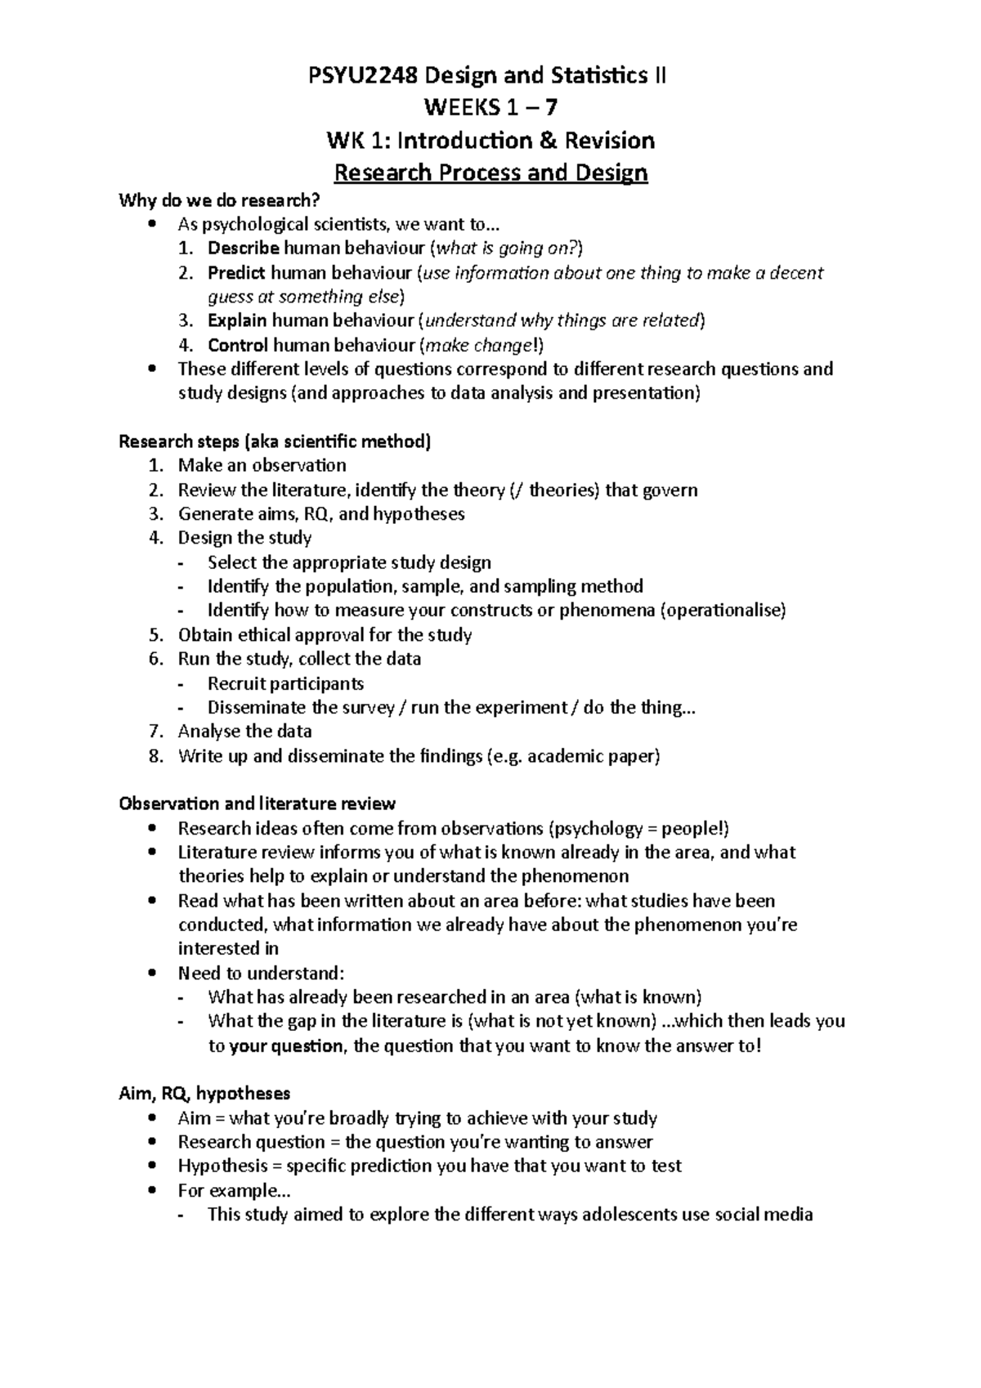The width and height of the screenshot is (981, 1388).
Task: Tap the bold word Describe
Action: (244, 248)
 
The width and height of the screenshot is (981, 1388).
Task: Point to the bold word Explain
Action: (237, 320)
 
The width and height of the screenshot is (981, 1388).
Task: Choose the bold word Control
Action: (238, 345)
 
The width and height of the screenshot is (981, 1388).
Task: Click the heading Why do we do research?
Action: (220, 200)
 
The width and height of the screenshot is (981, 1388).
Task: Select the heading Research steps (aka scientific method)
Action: (275, 442)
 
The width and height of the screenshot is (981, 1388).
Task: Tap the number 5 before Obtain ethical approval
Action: (155, 635)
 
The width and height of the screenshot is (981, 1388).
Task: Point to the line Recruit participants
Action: (285, 683)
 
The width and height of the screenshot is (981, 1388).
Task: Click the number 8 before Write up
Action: (155, 756)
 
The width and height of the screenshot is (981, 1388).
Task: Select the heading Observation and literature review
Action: (258, 804)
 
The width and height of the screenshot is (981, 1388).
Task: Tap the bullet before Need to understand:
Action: (153, 974)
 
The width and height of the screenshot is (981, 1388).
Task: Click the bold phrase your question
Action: (286, 1046)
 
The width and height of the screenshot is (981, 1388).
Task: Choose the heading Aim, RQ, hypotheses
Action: (204, 1094)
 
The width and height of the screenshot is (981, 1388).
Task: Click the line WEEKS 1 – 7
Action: (490, 108)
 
